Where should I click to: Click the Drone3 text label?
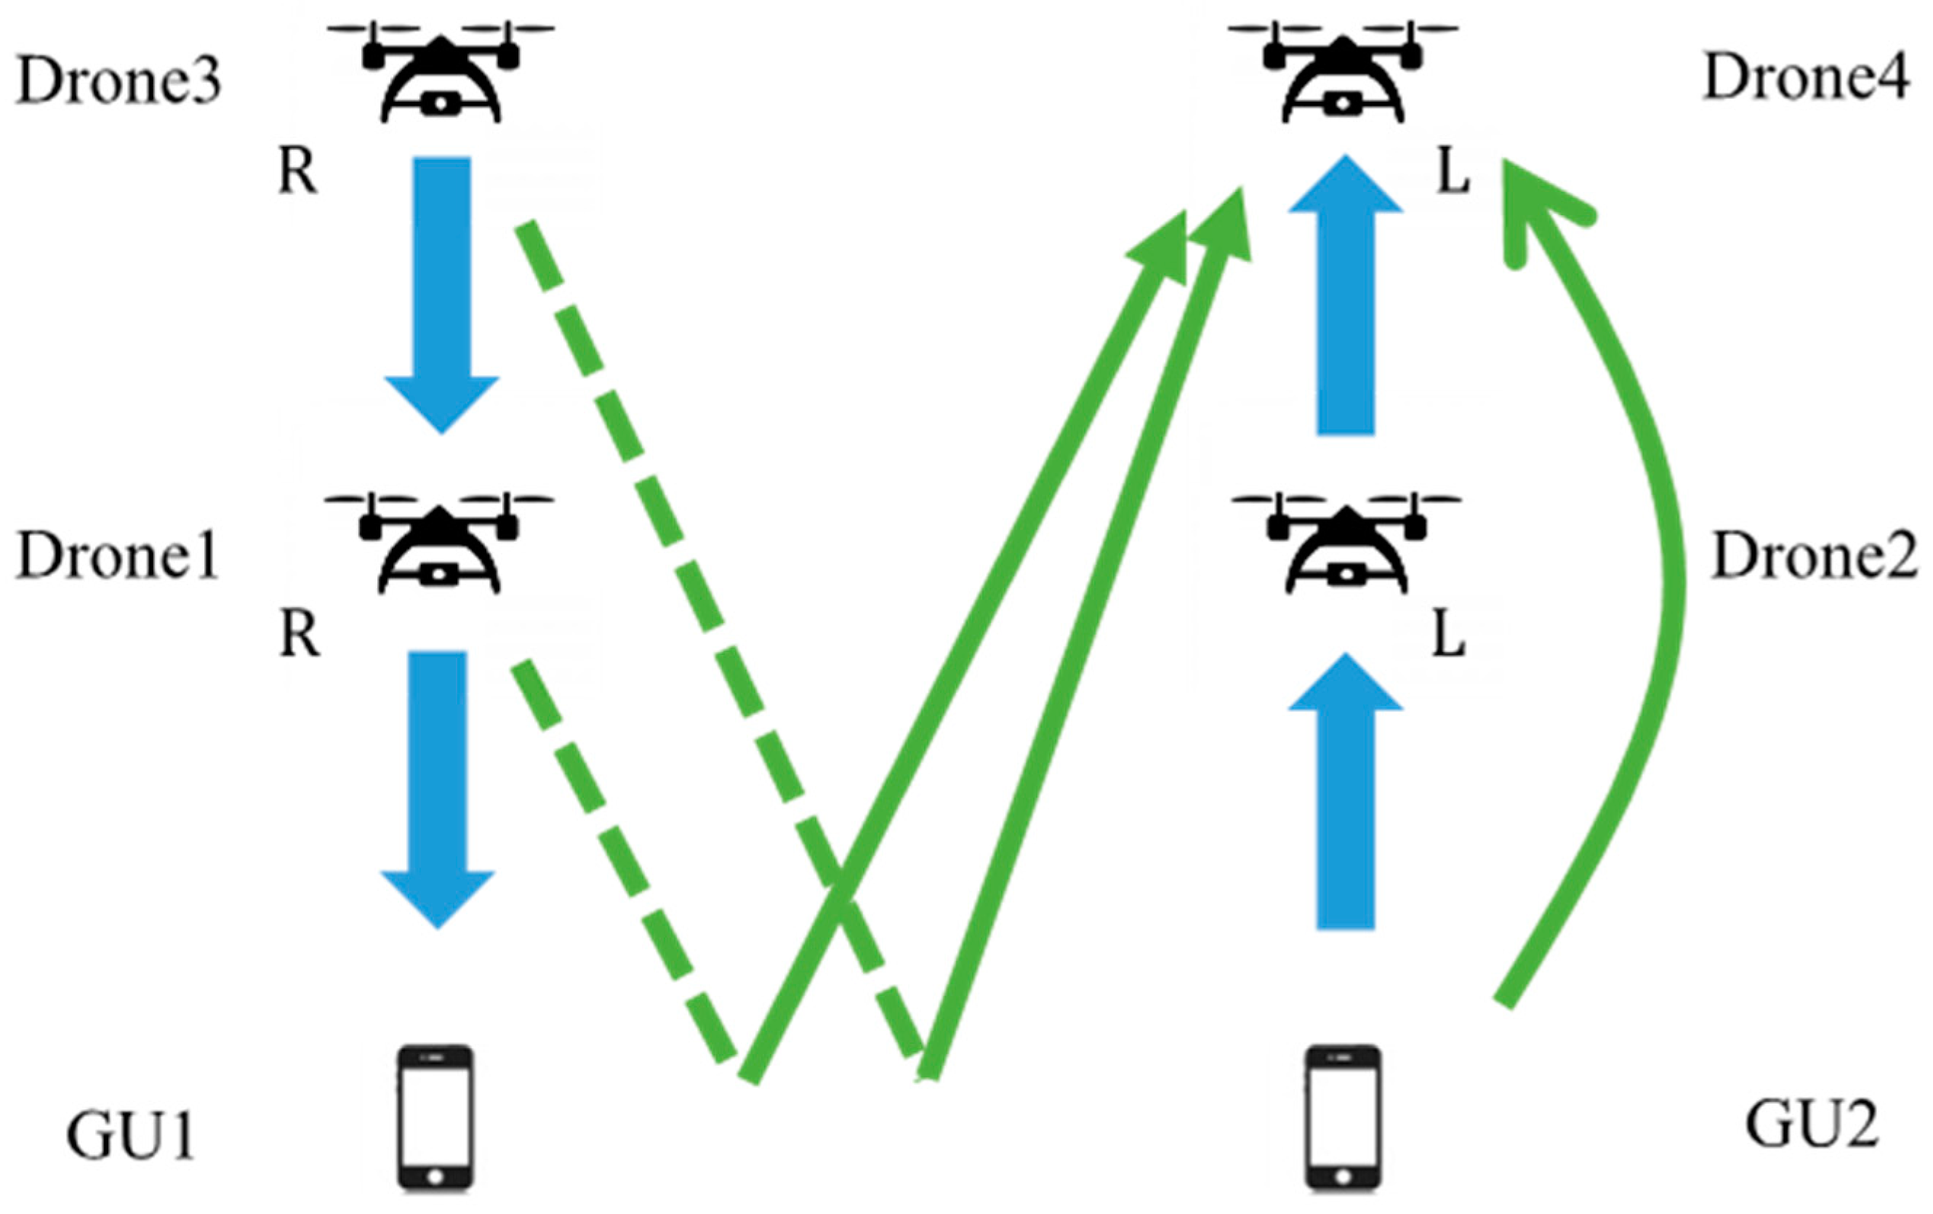click(x=118, y=82)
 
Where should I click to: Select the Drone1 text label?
click(x=118, y=555)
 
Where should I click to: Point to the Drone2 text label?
click(x=1815, y=555)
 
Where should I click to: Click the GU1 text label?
click(x=131, y=1135)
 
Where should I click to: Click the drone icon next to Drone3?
click(x=441, y=72)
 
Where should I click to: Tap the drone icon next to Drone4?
click(x=1343, y=72)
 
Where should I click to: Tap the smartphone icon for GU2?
click(x=1343, y=1117)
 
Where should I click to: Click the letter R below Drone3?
click(x=298, y=172)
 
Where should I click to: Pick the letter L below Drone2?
click(x=1450, y=636)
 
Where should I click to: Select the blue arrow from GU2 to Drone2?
click(x=1346, y=791)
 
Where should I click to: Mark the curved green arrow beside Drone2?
click(x=1665, y=562)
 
